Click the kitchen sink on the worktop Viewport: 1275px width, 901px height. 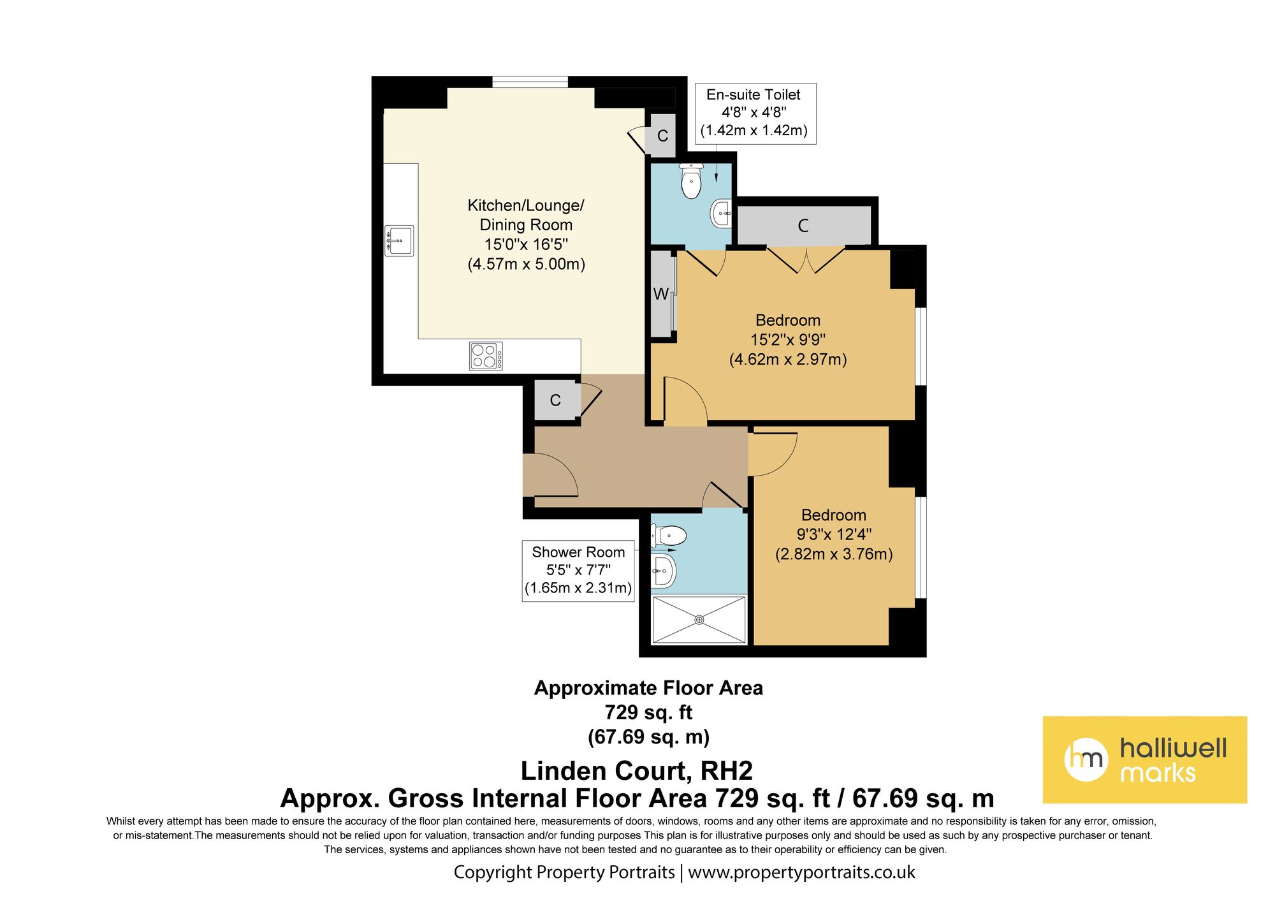399,241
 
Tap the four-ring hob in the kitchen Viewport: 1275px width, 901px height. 486,356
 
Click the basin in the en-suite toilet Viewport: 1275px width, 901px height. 721,214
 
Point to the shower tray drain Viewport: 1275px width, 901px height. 699,619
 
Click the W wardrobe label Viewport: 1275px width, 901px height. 660,294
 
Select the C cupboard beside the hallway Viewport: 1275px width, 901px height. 555,400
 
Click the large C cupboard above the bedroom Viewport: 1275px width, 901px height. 803,225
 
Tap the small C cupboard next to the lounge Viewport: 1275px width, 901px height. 662,136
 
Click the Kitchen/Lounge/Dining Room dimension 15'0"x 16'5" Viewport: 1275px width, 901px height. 526,244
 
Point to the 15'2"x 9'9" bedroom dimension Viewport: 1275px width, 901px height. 788,340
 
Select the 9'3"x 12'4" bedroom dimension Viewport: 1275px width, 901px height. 834,534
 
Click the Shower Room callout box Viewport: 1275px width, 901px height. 578,570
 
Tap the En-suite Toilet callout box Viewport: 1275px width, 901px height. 754,113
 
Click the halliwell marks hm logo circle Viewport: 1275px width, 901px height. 1086,759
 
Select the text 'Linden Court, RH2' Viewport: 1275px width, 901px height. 636,771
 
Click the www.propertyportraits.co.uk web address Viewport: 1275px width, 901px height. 801,872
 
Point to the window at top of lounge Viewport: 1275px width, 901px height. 530,82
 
